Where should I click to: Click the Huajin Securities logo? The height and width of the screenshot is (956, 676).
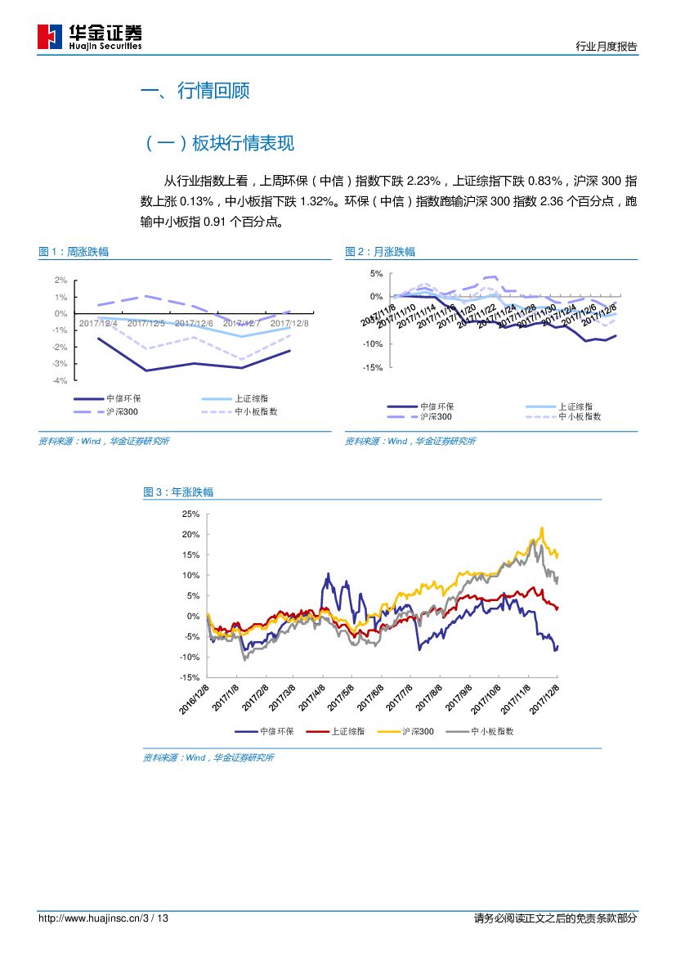90,36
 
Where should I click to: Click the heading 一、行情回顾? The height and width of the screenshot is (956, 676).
195,91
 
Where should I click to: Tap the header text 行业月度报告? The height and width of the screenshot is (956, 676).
607,47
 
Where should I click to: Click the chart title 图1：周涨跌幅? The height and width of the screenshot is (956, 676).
74,252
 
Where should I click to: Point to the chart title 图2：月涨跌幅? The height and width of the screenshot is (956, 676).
380,252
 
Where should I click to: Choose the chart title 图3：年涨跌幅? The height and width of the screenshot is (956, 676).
178,492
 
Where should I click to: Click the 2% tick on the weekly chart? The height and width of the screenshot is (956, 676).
60,280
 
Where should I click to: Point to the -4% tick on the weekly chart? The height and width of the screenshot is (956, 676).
59,380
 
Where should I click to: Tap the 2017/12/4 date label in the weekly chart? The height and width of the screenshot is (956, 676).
98,323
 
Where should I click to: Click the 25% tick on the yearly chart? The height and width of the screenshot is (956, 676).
190,514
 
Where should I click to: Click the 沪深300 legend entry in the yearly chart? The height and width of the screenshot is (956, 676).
419,732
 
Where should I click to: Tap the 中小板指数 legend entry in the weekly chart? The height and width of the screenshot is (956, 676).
256,412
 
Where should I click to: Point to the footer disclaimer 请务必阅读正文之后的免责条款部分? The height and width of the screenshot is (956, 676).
555,918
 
